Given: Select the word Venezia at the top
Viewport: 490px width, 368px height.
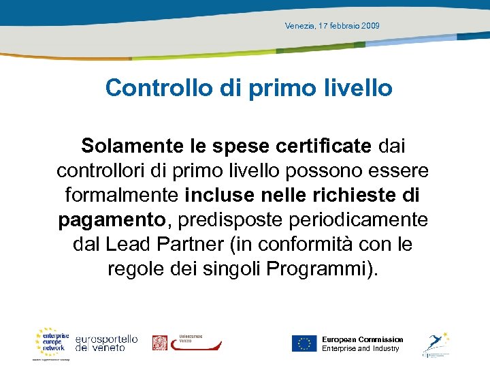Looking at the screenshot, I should coord(300,26).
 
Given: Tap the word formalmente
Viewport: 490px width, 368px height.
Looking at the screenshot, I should coord(122,195).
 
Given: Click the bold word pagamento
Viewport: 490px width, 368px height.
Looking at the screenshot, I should coord(112,219).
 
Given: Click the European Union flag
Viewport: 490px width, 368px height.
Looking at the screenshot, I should coord(304,343).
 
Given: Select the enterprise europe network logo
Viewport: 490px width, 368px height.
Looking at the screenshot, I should coord(52,341).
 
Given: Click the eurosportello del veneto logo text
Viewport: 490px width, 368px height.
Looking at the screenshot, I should coord(107,343).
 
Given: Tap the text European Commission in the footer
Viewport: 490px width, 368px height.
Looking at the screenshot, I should coord(362,339).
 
